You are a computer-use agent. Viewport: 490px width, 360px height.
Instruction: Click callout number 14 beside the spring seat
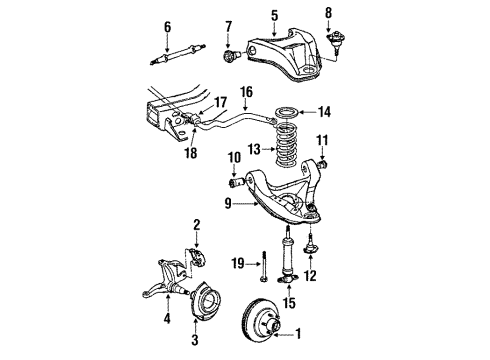[x=324, y=114]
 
